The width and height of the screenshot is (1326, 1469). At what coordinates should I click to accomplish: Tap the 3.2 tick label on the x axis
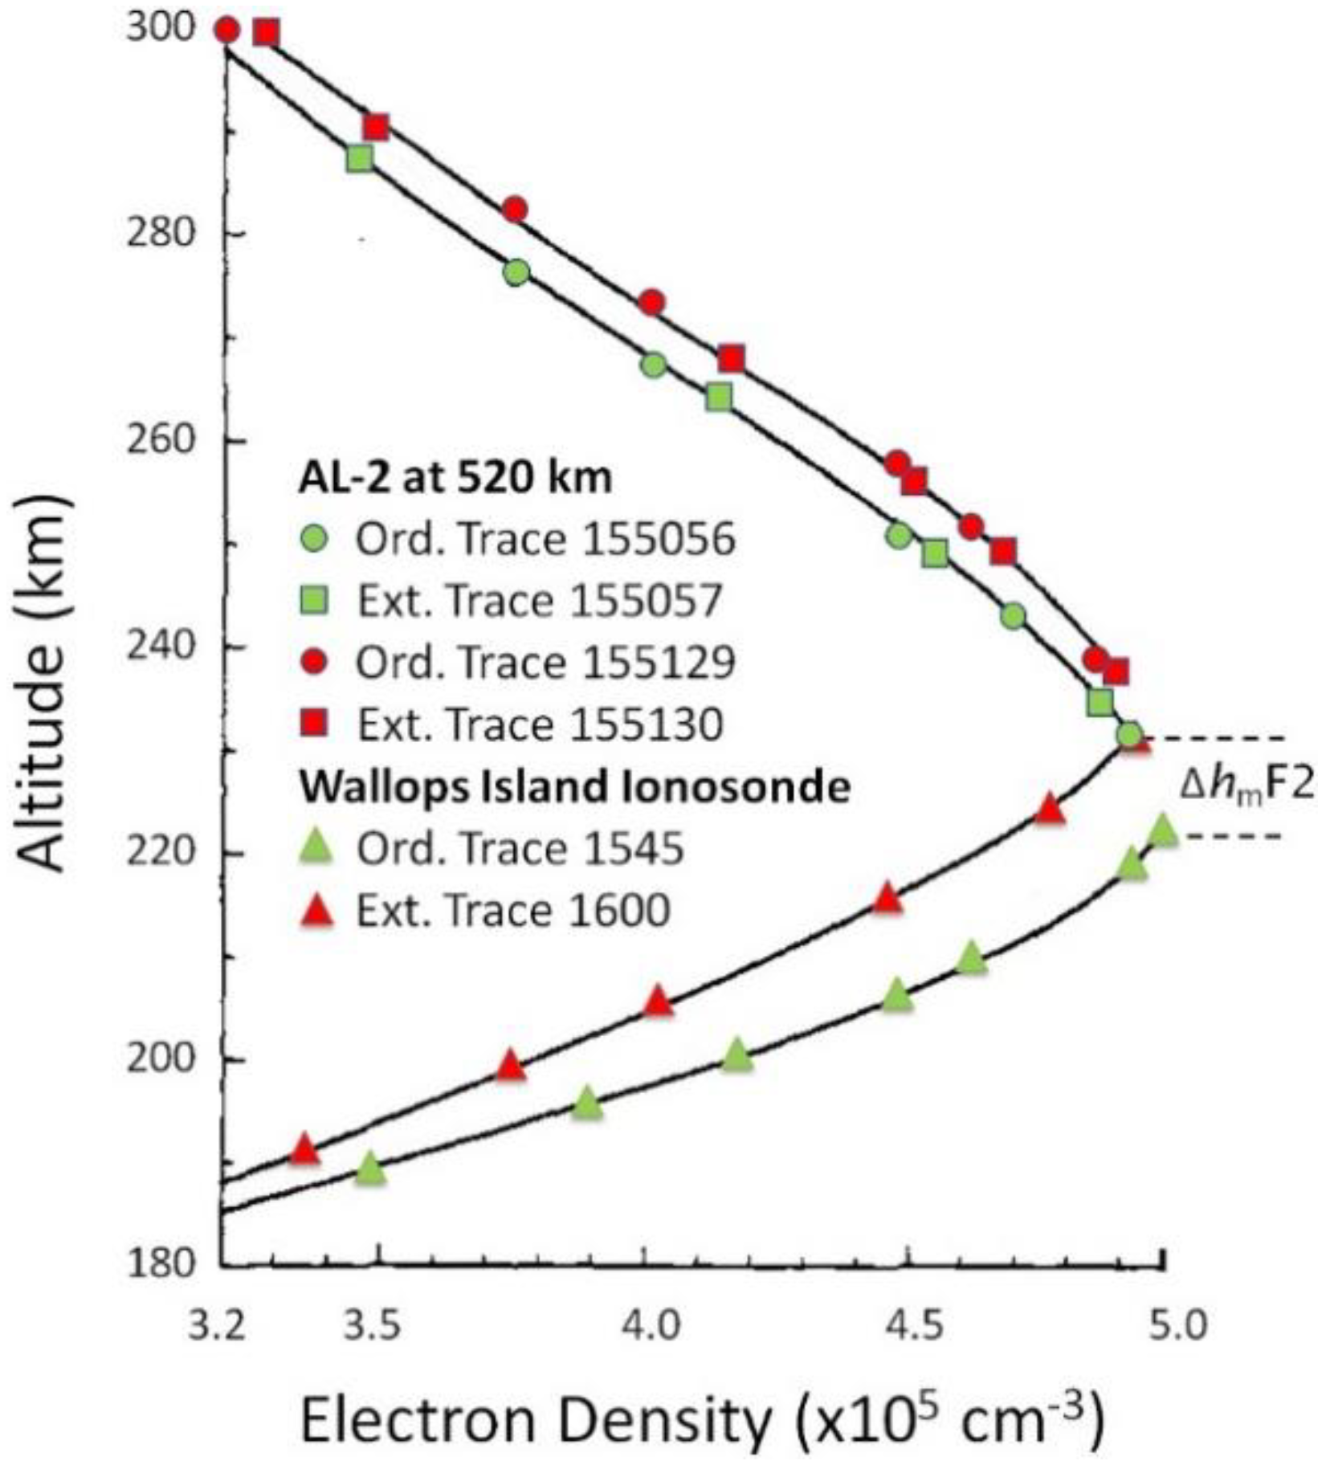[x=218, y=1326]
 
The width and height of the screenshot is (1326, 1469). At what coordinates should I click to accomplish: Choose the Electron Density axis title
[x=704, y=1420]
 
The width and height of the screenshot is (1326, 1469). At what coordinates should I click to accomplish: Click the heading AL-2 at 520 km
[x=455, y=479]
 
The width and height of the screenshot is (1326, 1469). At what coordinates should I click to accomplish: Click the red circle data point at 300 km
[x=227, y=31]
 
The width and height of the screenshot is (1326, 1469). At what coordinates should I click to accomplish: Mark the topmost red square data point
[x=267, y=33]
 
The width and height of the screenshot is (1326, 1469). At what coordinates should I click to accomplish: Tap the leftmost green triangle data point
[x=370, y=1169]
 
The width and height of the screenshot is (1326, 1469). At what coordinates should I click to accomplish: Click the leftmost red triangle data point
[x=304, y=1150]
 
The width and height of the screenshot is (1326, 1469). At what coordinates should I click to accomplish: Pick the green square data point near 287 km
[x=361, y=158]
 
